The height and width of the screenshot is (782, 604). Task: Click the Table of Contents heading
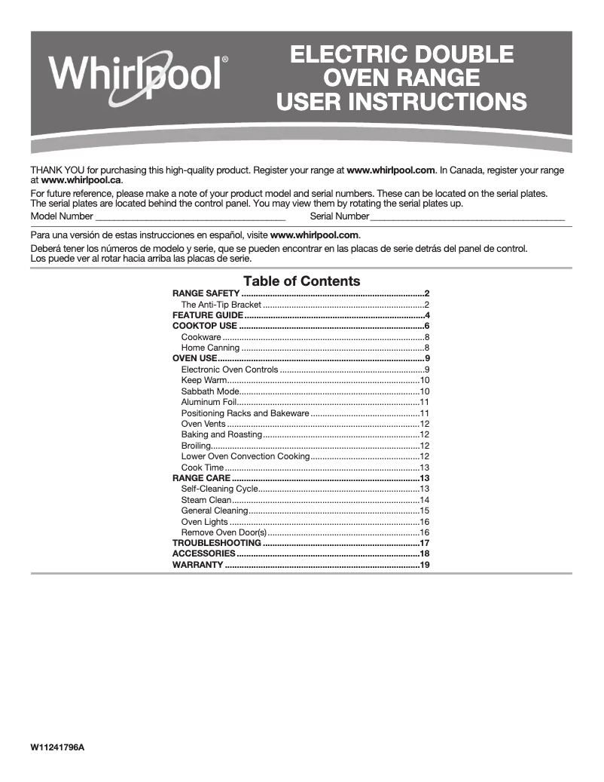coord(301,281)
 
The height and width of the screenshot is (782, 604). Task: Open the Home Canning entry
coord(210,348)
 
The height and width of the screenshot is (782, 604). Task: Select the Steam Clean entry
coord(206,500)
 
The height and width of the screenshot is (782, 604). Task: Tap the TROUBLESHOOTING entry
coord(217,543)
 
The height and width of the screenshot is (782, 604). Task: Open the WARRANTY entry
coord(197,565)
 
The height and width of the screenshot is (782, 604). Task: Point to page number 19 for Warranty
coord(425,565)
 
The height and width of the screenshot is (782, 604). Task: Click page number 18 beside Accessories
coord(425,554)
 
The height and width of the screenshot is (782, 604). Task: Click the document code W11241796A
coord(58,747)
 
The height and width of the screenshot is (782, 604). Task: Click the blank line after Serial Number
coord(467,216)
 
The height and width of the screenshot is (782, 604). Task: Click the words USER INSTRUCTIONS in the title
coord(401,101)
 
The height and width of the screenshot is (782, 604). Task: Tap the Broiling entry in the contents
coord(196,446)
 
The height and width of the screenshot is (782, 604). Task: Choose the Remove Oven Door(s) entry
coord(224,532)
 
